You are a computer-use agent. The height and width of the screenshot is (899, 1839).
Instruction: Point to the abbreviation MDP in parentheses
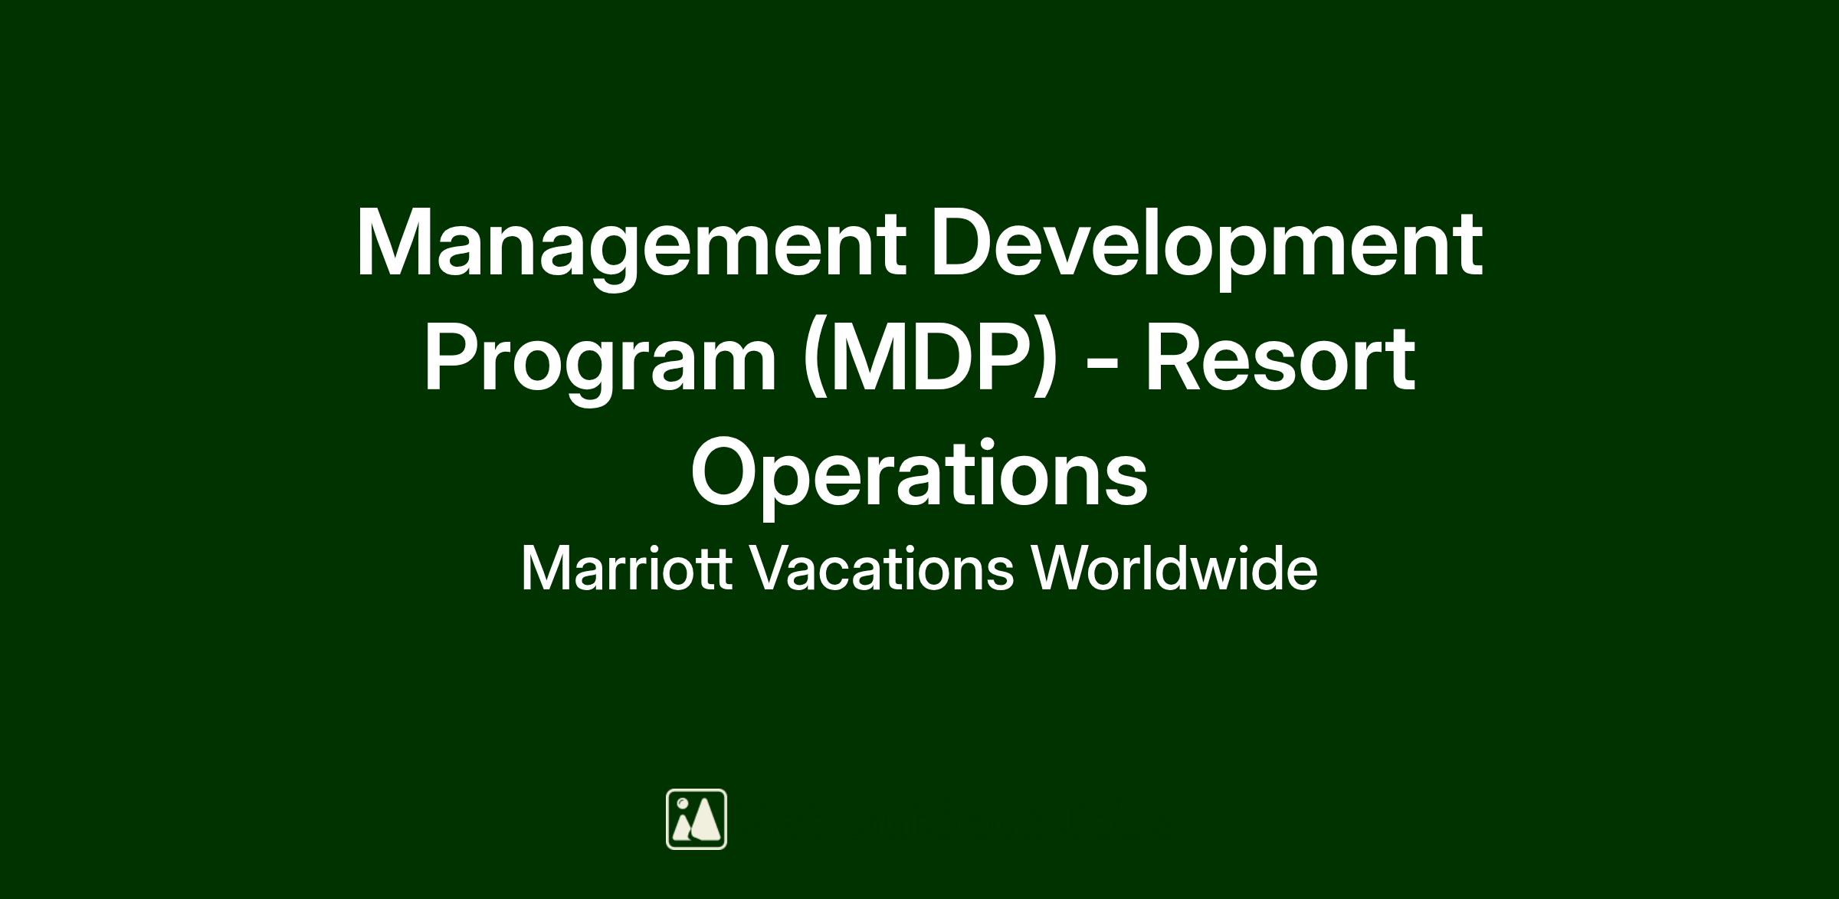(928, 359)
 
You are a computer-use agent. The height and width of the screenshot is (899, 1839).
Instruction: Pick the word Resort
(1280, 359)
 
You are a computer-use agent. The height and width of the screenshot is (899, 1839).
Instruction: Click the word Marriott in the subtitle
(627, 569)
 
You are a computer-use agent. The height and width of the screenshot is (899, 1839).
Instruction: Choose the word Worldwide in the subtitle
(1174, 569)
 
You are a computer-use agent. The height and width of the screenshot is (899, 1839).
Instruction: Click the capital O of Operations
(726, 472)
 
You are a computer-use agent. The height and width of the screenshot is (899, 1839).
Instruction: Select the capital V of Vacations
(769, 568)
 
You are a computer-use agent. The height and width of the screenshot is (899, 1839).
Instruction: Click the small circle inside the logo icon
(682, 803)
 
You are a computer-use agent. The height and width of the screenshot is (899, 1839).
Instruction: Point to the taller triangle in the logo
(706, 819)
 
